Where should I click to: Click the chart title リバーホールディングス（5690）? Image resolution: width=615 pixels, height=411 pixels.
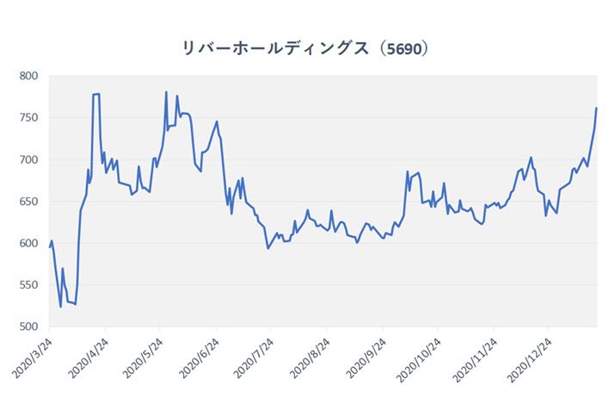coord(307,48)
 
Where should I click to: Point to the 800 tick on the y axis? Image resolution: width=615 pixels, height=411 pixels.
coord(30,76)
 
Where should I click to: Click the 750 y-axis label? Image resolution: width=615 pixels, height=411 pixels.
coord(30,118)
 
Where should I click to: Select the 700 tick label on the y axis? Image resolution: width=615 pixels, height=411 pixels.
coord(30,159)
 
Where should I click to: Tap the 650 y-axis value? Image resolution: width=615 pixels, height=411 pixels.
coord(30,202)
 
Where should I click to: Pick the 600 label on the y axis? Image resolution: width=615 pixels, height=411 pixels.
coord(30,243)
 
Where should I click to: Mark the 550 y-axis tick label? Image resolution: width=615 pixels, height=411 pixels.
coord(30,285)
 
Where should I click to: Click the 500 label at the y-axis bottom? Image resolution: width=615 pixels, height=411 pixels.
coord(30,327)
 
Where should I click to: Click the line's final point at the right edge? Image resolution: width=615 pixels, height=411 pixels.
coord(596,109)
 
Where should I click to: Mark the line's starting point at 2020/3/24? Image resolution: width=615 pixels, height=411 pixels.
coord(49,247)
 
